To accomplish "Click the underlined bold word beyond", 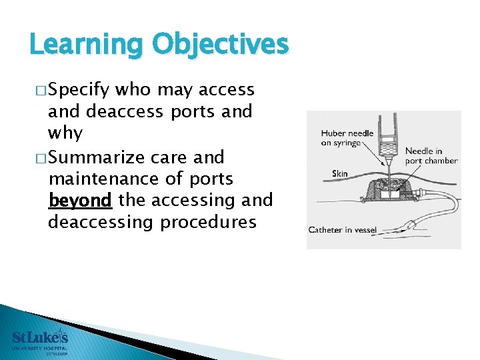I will (80, 200).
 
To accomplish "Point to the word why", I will (65, 133).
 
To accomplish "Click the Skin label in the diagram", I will (340, 174).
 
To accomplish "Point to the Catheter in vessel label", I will (343, 230).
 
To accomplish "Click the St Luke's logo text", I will (40, 337).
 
